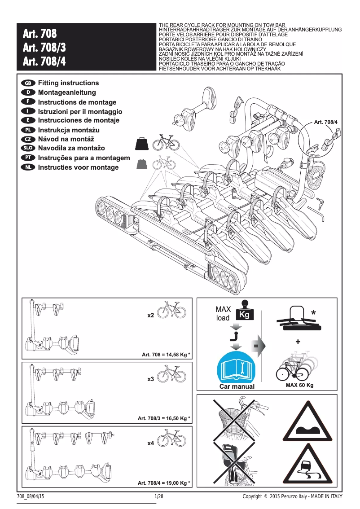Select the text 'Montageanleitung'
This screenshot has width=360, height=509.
coord(67,92)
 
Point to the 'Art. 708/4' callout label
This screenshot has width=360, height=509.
coord(325,122)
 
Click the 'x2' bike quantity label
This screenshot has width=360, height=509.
coord(151,316)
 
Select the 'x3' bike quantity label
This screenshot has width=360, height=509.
coord(151,379)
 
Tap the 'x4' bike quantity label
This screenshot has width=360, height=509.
coord(151,443)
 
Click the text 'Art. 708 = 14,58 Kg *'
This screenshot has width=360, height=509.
coord(166,355)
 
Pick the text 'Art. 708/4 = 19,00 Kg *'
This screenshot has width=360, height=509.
coord(164,483)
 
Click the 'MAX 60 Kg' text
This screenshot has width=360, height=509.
coord(299,385)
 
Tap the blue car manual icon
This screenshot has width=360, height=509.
coord(236,367)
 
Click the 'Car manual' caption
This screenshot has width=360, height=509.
coord(237,386)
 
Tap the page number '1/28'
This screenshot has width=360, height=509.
coord(158,496)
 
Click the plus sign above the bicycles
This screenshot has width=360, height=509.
coord(298,342)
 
